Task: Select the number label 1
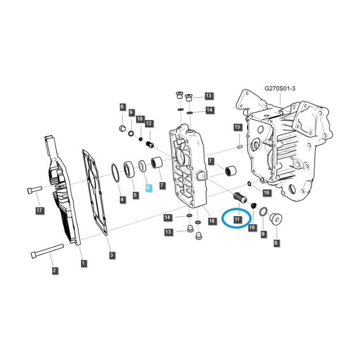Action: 84,263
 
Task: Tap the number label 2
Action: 54,270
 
